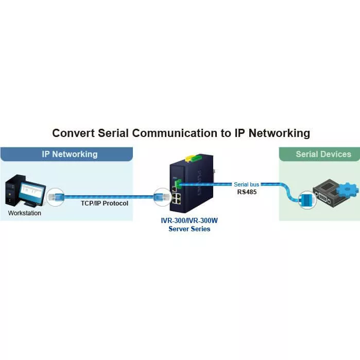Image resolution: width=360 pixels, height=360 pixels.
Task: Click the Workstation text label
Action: click(24, 213)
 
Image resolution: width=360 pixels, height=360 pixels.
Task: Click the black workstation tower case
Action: click(13, 191)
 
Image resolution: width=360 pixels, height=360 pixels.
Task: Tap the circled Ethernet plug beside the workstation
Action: click(55, 196)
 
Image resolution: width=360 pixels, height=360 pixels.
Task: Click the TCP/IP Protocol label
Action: click(104, 203)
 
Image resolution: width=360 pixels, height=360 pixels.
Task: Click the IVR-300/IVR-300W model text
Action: click(189, 220)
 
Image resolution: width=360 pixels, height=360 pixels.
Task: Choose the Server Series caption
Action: click(189, 229)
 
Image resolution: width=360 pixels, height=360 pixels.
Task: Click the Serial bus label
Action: click(246, 184)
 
